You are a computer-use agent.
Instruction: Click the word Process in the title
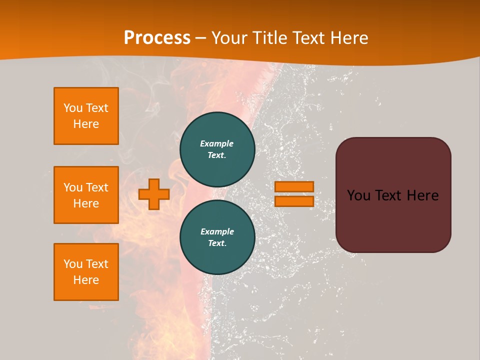click(x=157, y=38)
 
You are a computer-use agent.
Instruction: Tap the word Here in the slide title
click(x=348, y=38)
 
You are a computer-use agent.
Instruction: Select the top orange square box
click(x=86, y=116)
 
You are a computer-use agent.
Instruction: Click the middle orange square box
click(x=86, y=195)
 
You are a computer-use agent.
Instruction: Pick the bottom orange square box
click(x=86, y=271)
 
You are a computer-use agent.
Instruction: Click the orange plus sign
click(x=154, y=194)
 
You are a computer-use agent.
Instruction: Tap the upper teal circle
click(x=217, y=149)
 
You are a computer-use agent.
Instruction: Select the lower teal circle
click(x=217, y=237)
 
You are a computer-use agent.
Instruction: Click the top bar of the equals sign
click(x=294, y=186)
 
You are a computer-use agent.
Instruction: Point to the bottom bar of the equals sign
click(x=294, y=201)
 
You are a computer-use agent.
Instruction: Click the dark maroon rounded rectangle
click(x=393, y=220)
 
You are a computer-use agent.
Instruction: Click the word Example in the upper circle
click(x=216, y=143)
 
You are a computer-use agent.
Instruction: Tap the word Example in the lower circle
click(x=217, y=231)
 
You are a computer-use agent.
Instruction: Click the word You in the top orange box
click(x=72, y=108)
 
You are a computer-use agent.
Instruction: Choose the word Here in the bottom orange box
click(x=86, y=280)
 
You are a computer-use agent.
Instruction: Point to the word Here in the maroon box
click(x=422, y=195)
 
